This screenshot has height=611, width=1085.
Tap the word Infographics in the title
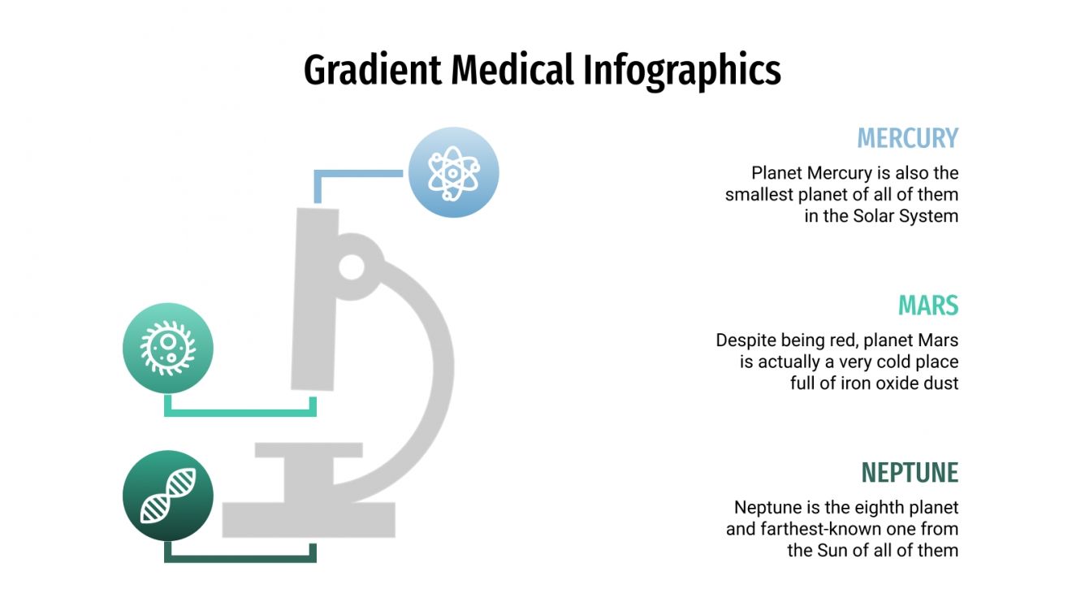click(x=681, y=71)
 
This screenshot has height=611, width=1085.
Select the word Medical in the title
click(x=513, y=71)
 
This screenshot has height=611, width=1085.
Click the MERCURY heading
click(x=907, y=138)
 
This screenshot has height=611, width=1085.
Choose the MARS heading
click(x=927, y=306)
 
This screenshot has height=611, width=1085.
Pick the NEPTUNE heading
click(x=910, y=473)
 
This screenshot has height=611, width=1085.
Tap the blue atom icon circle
click(x=452, y=172)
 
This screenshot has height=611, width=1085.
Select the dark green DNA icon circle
click(x=168, y=496)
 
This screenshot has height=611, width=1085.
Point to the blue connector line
click(x=357, y=173)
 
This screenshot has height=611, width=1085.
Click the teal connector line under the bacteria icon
click(x=240, y=413)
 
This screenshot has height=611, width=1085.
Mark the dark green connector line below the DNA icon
click(x=240, y=558)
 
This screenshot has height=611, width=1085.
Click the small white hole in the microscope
click(x=352, y=266)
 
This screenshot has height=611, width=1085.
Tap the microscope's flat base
click(x=309, y=520)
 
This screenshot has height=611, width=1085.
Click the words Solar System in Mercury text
click(x=906, y=217)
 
